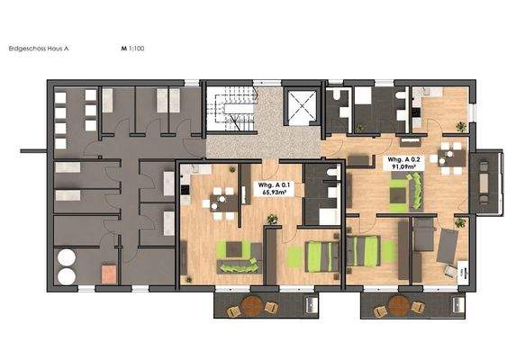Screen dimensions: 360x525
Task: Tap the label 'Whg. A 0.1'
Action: click(276, 183)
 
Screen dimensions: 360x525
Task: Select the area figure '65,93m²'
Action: click(276, 191)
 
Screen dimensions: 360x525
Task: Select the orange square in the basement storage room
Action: click(109, 271)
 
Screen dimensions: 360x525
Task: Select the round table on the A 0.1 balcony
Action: click(252, 307)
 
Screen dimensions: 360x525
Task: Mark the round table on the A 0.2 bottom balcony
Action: click(399, 307)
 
